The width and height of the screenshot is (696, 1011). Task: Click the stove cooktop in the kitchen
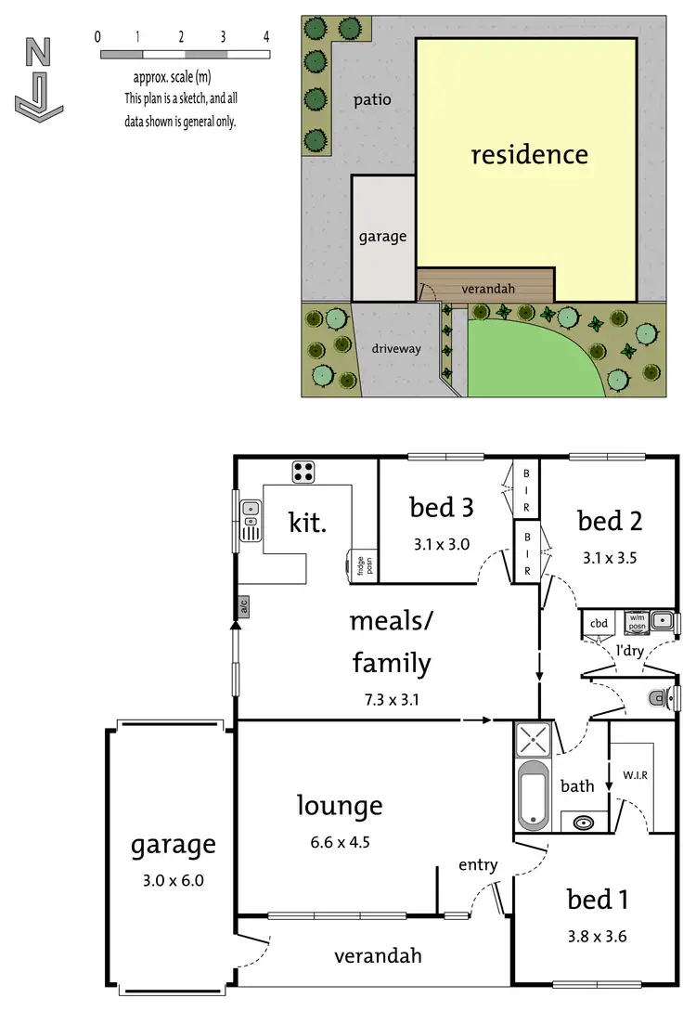[x=303, y=472]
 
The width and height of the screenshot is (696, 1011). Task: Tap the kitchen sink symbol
[x=250, y=519]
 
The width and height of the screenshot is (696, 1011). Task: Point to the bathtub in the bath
[x=534, y=795]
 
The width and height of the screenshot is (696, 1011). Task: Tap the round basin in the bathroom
[x=584, y=822]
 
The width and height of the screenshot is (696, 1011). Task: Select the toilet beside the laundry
[x=661, y=695]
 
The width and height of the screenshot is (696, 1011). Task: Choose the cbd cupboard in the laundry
[x=599, y=622]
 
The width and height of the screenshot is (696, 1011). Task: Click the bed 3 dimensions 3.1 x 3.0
[x=443, y=544]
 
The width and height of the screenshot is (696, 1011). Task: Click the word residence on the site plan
[x=529, y=153]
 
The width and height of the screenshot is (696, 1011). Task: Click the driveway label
[x=396, y=349]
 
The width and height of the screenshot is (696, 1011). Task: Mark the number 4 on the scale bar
[x=266, y=37]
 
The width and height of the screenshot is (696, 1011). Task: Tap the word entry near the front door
[x=479, y=865]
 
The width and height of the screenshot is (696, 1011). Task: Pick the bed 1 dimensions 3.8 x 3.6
[x=596, y=936]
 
